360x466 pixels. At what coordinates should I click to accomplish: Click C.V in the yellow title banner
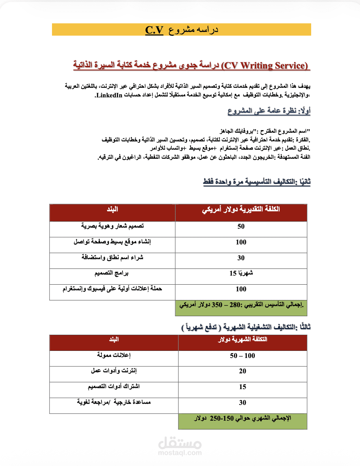154,30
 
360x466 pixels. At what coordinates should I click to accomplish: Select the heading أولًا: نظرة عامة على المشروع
269,112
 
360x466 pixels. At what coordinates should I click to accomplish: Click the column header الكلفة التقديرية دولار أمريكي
241,210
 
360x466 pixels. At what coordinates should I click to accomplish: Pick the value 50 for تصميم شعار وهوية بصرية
241,226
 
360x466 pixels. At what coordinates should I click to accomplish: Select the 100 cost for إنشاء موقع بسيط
241,242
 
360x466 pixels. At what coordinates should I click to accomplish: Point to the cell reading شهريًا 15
241,273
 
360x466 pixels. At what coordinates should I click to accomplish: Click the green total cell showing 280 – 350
241,306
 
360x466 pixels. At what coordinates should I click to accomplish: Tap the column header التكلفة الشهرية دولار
243,340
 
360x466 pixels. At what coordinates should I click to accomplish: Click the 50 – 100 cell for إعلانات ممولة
243,356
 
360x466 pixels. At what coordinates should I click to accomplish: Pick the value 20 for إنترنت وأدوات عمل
243,371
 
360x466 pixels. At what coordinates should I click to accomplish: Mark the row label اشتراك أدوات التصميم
113,387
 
